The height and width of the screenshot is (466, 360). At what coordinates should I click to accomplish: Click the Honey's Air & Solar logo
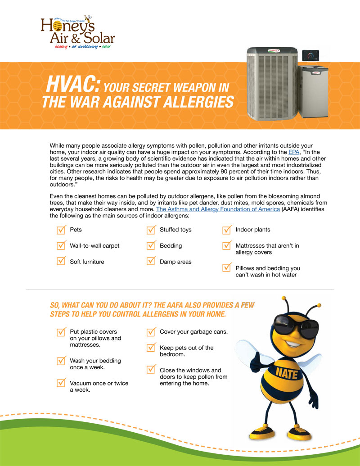(x=78, y=32)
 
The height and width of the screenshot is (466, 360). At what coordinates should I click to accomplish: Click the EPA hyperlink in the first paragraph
(x=294, y=152)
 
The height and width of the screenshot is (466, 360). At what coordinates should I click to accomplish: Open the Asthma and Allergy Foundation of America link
(x=218, y=209)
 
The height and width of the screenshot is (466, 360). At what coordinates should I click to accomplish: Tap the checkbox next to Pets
(x=61, y=230)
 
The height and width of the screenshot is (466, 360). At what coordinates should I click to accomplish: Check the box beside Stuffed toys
(x=151, y=230)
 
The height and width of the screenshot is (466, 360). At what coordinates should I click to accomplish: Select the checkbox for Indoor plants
(x=227, y=230)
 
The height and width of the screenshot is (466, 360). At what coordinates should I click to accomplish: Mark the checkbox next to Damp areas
(x=151, y=261)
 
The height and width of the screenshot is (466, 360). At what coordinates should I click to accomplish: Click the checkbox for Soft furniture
(x=61, y=261)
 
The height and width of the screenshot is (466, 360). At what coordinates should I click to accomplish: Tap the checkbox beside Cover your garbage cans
(x=151, y=332)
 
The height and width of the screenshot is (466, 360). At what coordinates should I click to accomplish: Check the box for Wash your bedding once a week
(x=61, y=361)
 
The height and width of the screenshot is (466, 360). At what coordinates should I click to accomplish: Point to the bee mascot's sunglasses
(x=296, y=328)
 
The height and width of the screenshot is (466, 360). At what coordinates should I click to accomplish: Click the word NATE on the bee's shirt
(x=287, y=373)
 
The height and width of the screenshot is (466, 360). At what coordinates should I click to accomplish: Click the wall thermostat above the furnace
(x=310, y=55)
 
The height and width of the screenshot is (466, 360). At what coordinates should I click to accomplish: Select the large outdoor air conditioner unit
(x=272, y=84)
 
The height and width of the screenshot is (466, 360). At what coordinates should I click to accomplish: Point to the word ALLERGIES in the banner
(x=198, y=102)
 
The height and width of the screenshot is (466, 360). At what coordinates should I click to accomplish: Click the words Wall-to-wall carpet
(x=94, y=246)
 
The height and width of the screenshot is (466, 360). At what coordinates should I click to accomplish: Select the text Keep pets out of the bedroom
(x=187, y=351)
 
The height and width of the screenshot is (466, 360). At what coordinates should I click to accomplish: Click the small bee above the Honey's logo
(x=88, y=19)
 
